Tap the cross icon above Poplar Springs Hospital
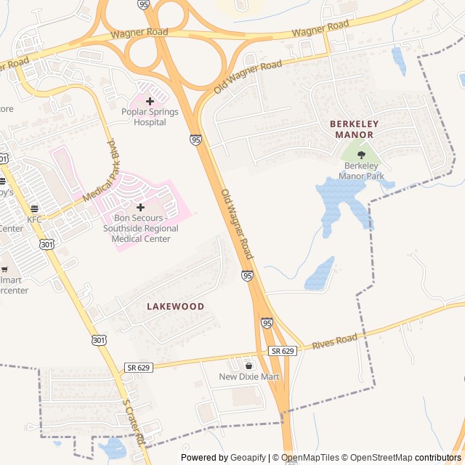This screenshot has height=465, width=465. tap(150, 102)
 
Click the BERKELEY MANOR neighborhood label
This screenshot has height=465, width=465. tap(352, 129)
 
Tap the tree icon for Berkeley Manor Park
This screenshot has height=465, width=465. tap(361, 155)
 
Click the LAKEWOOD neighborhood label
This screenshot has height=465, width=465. tap(175, 307)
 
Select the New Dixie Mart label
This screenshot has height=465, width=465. tap(249, 377)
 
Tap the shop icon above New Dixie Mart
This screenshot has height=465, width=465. tap(249, 365)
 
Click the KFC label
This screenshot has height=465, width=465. tap(35, 219)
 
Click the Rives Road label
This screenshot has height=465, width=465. tap(335, 341)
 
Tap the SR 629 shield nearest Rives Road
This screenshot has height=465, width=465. tap(283, 351)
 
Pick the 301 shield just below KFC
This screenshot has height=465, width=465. tap(47, 245)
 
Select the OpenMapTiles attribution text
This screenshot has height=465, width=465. tap(311, 458)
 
